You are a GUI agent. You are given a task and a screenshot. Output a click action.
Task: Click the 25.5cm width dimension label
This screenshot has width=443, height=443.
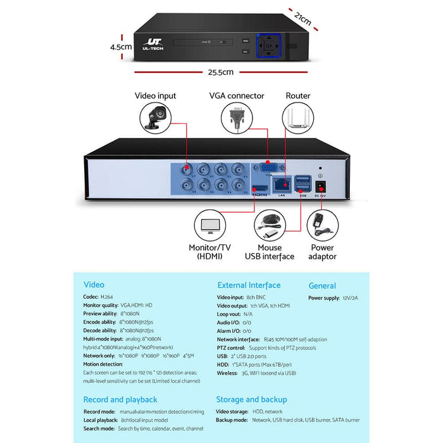tap(220, 72)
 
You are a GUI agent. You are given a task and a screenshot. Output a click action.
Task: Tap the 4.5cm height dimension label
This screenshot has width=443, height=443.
tap(120, 46)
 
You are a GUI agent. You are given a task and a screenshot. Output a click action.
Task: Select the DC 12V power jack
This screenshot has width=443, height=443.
tap(320, 187)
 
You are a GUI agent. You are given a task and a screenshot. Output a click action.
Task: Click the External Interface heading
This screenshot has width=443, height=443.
tap(249, 285)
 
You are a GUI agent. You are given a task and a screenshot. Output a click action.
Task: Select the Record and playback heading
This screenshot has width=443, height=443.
tap(120, 399)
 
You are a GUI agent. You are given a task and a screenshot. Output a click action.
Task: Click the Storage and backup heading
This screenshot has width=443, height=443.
tap(251, 399)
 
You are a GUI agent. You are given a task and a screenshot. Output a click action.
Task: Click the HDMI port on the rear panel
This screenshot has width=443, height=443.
tap(259, 189)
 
